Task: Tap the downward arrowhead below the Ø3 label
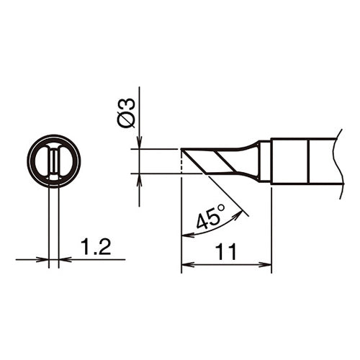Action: coord(138,144)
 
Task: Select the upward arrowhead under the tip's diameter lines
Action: coord(138,179)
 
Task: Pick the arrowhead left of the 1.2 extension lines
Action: coord(44,259)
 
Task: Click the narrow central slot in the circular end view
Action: coord(54,162)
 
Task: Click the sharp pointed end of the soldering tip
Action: coord(181,150)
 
